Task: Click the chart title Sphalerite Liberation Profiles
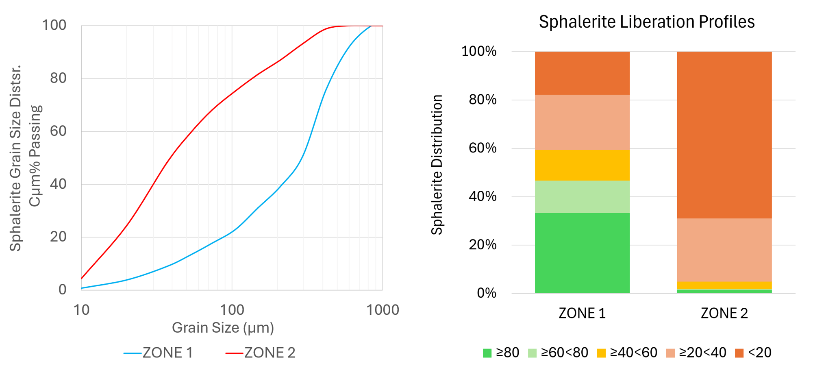[x=646, y=22]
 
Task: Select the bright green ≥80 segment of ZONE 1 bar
[x=582, y=253]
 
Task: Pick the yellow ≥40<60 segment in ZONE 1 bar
[x=582, y=165]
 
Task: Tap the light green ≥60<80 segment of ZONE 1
[x=582, y=196]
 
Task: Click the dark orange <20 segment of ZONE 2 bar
[x=724, y=135]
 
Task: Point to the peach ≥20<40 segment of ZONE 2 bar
[x=724, y=250]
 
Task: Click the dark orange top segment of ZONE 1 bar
[x=582, y=73]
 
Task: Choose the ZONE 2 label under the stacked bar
[x=724, y=313]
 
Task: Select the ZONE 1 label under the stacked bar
[x=582, y=313]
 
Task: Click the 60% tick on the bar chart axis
[x=483, y=148]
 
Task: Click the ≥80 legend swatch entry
[x=501, y=353]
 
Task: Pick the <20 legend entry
[x=753, y=353]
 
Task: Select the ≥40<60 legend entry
[x=627, y=353]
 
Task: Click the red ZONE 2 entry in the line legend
[x=261, y=353]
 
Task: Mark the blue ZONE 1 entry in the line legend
[x=159, y=353]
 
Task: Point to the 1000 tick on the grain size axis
[x=383, y=310]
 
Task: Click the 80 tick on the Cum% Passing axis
[x=58, y=78]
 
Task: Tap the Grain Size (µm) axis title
[x=223, y=327]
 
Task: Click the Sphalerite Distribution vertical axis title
[x=437, y=165]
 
